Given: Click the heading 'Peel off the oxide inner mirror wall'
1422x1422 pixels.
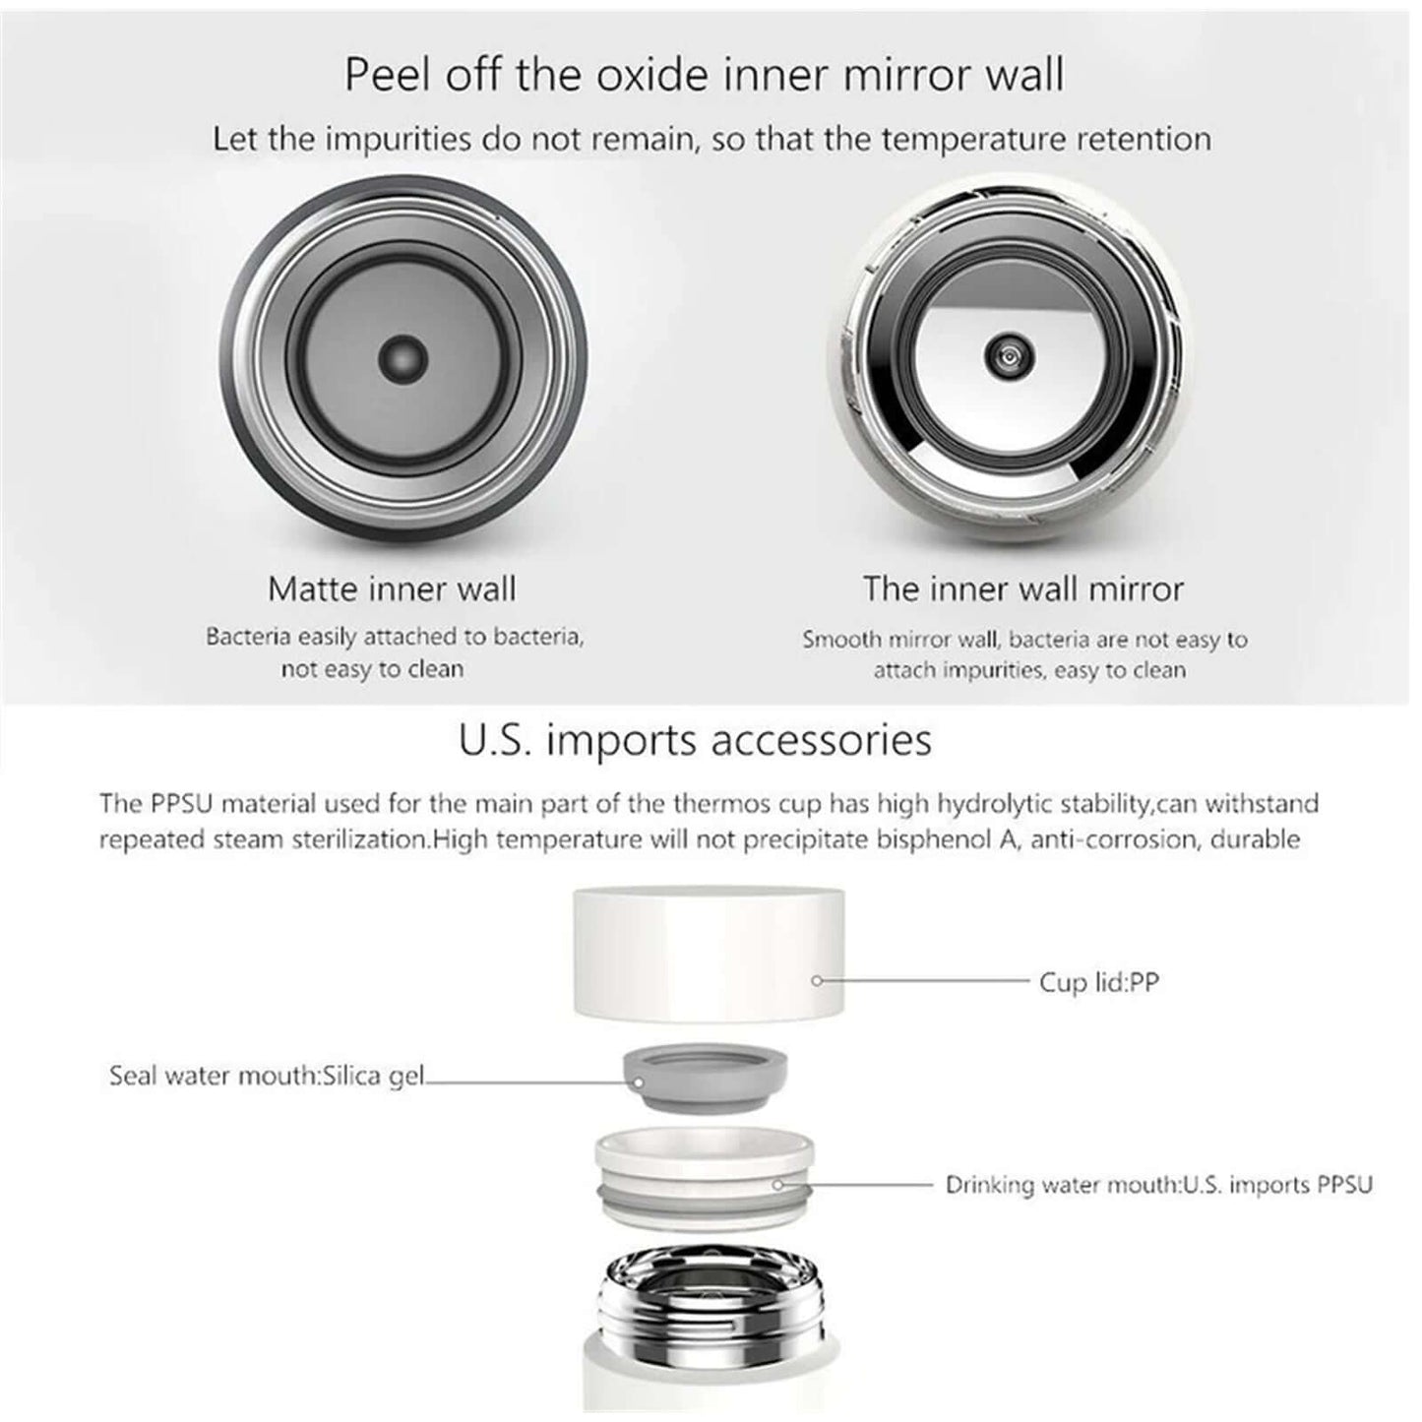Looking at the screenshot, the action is tap(705, 75).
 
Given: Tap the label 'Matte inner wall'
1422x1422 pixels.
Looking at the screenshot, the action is tap(392, 588).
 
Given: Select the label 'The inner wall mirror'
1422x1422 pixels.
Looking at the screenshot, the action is tap(1023, 588).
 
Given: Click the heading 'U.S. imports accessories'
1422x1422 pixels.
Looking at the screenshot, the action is tap(695, 740).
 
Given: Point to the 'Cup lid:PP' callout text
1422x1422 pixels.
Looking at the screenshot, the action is tap(1099, 982).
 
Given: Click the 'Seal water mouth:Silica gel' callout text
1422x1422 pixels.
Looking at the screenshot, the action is tap(267, 1076).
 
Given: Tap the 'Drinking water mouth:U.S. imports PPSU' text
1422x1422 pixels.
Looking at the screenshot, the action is tap(1159, 1185).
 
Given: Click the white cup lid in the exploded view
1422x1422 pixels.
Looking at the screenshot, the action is tap(710, 955).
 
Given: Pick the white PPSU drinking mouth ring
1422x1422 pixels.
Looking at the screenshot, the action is tap(705, 1179).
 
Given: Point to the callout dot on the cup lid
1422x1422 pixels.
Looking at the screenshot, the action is tap(817, 981).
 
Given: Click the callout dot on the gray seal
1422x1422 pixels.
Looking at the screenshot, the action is tap(639, 1082).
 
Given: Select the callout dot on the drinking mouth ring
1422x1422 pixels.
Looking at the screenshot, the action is tap(777, 1185).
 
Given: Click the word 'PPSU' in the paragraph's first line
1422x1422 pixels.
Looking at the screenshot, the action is tap(182, 803).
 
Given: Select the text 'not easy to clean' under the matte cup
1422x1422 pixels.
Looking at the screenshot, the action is tap(373, 668).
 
